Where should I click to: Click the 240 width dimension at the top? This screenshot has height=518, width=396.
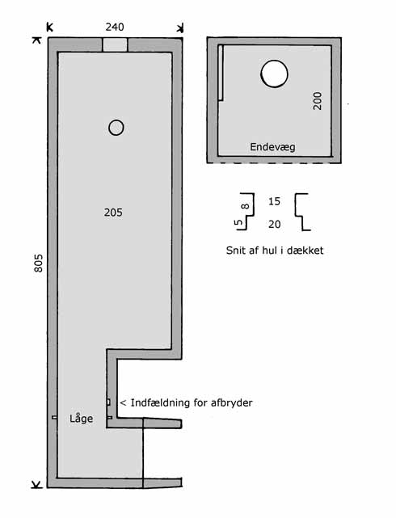pyautogui.click(x=115, y=27)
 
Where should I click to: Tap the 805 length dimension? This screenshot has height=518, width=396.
pyautogui.click(x=38, y=263)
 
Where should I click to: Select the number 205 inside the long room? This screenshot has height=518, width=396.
pyautogui.click(x=113, y=213)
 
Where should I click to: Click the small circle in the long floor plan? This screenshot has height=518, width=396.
pyautogui.click(x=116, y=128)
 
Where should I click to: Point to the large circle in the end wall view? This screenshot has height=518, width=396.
pyautogui.click(x=274, y=74)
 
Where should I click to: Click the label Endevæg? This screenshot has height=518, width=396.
pyautogui.click(x=272, y=147)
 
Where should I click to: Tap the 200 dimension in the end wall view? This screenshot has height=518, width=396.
pyautogui.click(x=318, y=101)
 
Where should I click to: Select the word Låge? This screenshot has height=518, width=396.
pyautogui.click(x=82, y=419)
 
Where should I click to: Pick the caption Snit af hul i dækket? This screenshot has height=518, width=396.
pyautogui.click(x=275, y=251)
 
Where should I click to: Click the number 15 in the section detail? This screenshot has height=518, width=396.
pyautogui.click(x=274, y=201)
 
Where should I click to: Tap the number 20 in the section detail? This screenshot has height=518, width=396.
pyautogui.click(x=274, y=225)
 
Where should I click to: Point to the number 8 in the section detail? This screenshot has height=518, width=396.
pyautogui.click(x=246, y=206)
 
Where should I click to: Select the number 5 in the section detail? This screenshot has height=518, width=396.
pyautogui.click(x=238, y=222)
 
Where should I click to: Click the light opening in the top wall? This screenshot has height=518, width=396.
pyautogui.click(x=115, y=44)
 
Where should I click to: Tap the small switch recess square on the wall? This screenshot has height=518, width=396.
pyautogui.click(x=108, y=402)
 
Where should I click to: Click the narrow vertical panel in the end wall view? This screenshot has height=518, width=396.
pyautogui.click(x=221, y=73)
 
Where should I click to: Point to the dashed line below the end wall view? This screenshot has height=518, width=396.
pyautogui.click(x=274, y=163)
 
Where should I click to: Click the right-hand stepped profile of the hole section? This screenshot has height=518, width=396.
pyautogui.click(x=302, y=212)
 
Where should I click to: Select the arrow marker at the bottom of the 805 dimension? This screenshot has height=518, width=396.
pyautogui.click(x=37, y=485)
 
